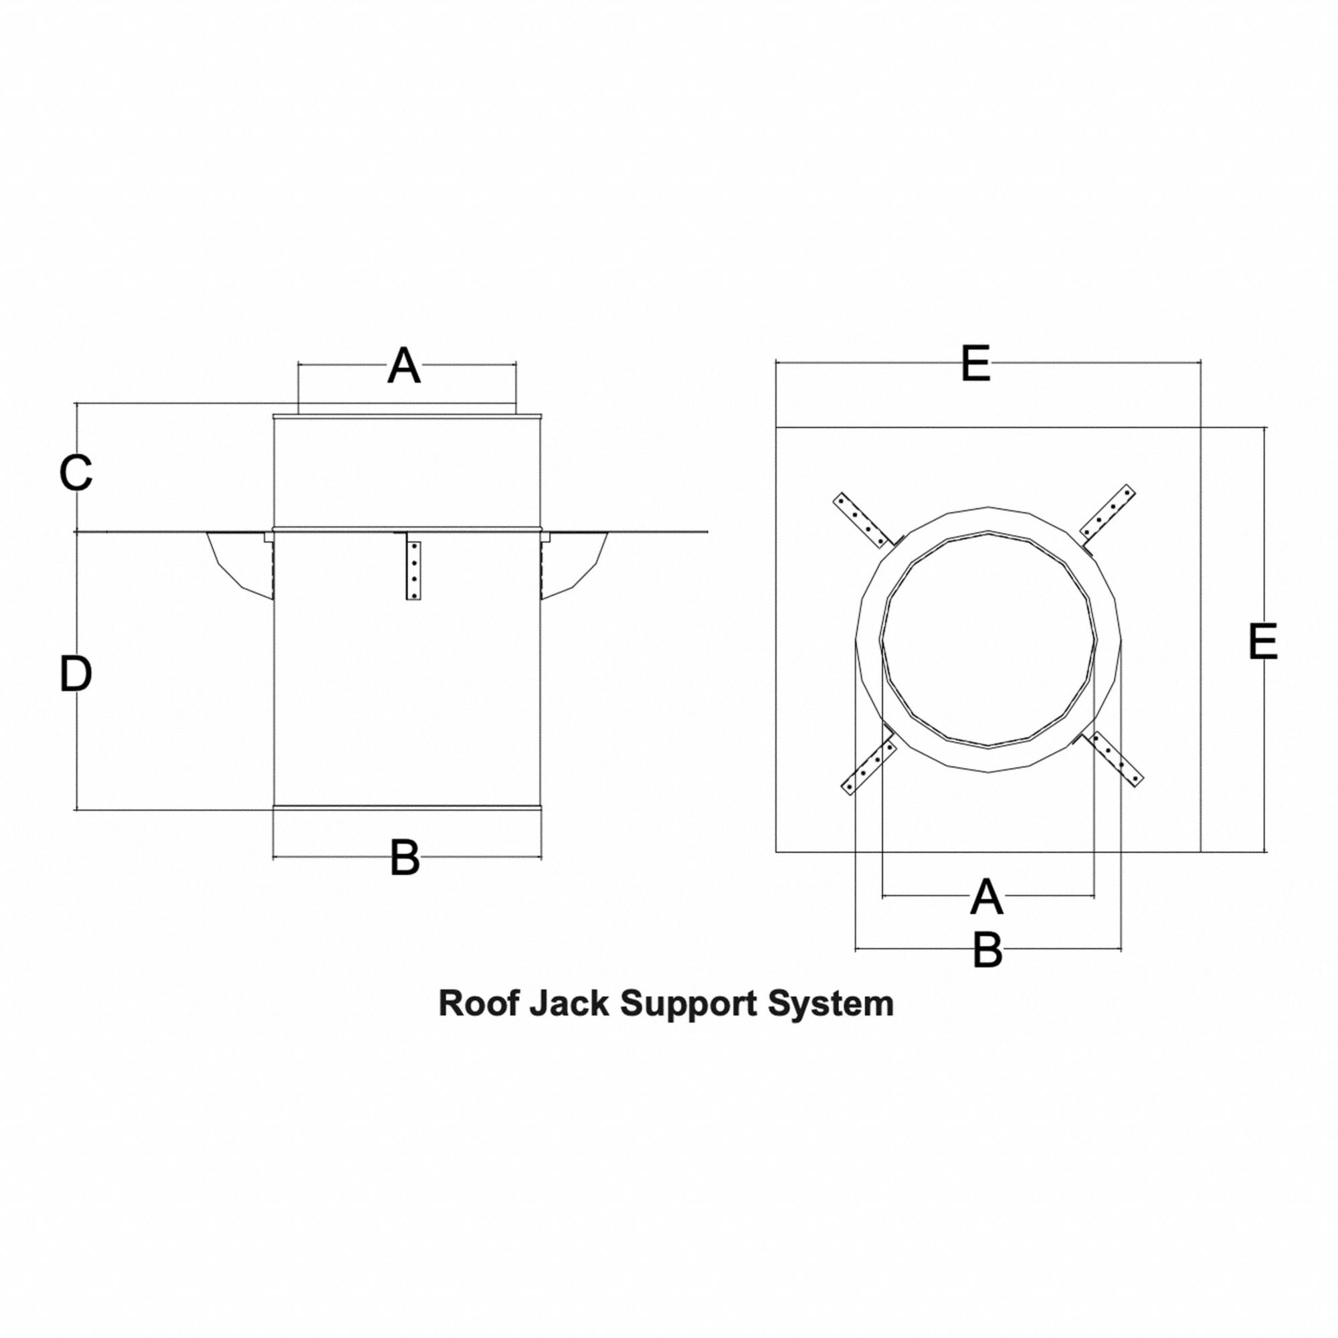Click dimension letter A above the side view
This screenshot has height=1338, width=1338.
(404, 367)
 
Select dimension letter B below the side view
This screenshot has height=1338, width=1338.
(405, 858)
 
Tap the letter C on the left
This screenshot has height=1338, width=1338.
(76, 473)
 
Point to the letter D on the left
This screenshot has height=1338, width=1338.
(76, 674)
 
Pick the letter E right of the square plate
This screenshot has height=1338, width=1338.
(1262, 642)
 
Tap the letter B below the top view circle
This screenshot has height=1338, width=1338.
(987, 950)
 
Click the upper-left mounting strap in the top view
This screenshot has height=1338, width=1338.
(862, 520)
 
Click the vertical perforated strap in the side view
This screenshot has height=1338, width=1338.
(413, 571)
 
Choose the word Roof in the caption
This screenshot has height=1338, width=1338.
(478, 1004)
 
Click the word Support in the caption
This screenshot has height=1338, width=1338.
(688, 1004)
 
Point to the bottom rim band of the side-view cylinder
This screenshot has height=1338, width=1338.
(407, 807)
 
